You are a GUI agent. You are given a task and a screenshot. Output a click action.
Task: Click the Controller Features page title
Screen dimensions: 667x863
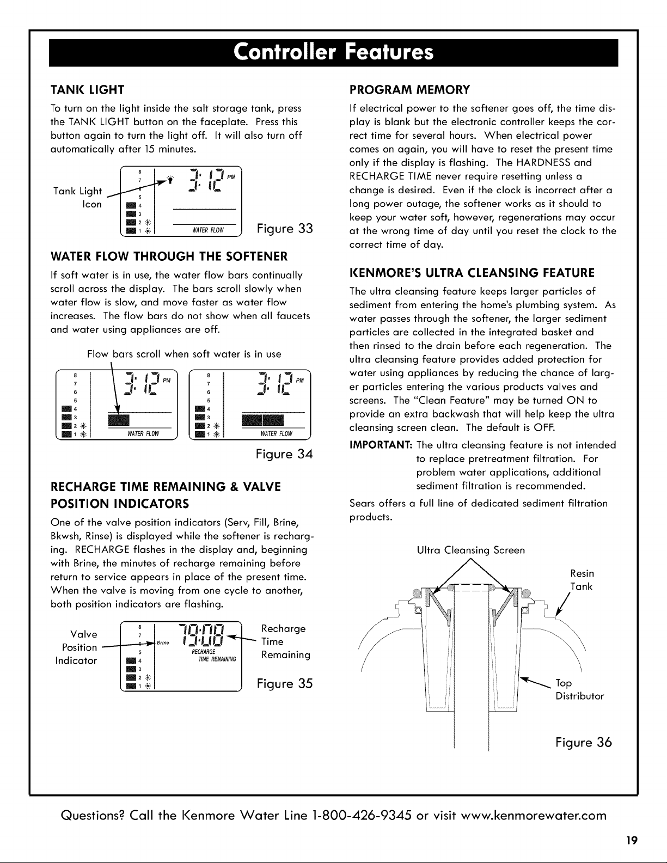[x=333, y=52]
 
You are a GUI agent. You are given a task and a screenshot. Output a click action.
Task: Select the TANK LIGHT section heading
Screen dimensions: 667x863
[x=87, y=90]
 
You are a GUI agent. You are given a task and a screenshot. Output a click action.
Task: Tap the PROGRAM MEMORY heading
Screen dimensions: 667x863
[x=409, y=90]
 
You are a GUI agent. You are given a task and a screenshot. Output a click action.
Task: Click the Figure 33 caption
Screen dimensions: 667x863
[x=285, y=228]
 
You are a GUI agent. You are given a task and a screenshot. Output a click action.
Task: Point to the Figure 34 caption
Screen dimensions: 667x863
[x=284, y=454]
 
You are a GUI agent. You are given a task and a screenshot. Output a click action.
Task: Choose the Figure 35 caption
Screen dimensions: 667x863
[x=285, y=683]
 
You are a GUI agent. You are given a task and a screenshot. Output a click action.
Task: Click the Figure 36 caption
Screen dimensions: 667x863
[x=584, y=742]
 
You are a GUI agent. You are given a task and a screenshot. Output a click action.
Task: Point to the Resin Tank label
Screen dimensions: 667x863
[x=582, y=580]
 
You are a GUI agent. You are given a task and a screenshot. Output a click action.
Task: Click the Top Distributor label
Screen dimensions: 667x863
[x=579, y=689]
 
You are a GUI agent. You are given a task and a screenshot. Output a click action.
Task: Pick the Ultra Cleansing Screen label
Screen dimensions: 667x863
[x=470, y=550]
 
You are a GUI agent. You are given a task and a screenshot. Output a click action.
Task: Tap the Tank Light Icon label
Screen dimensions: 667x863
[x=78, y=198]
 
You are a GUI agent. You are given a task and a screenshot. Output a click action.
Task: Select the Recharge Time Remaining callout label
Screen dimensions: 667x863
[x=285, y=641]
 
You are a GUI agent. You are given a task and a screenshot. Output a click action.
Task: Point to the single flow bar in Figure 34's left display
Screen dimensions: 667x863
[x=119, y=420]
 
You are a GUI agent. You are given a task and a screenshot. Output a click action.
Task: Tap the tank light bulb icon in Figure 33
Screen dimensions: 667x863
[x=170, y=180]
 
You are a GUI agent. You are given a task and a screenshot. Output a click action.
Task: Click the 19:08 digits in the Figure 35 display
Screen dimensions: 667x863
[x=202, y=635]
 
